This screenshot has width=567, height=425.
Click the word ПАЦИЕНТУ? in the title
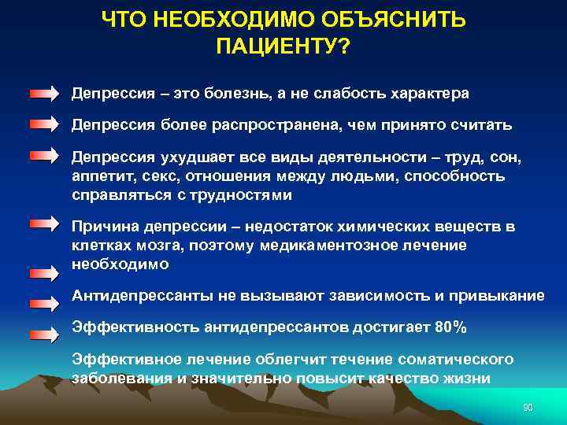point(283,46)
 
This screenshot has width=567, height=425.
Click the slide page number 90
point(528,407)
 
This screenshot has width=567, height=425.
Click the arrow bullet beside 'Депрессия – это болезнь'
point(44,94)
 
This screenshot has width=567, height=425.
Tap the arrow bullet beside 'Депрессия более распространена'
point(44,124)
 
